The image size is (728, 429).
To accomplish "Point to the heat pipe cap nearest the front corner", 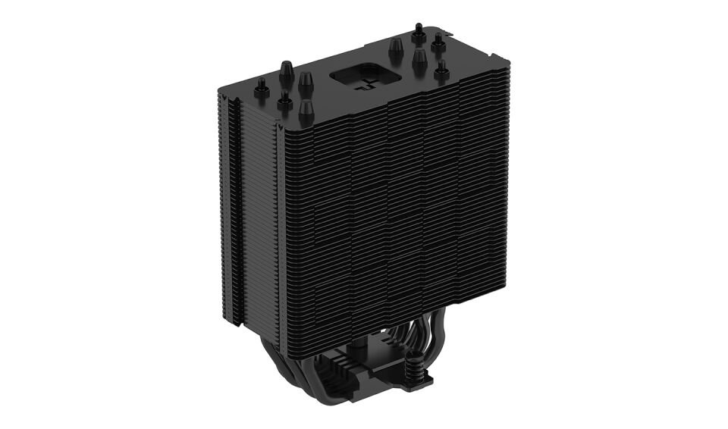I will coord(306,111).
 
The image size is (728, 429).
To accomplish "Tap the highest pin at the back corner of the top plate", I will coord(418,33).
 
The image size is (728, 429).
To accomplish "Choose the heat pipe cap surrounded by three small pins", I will coord(419,59).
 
